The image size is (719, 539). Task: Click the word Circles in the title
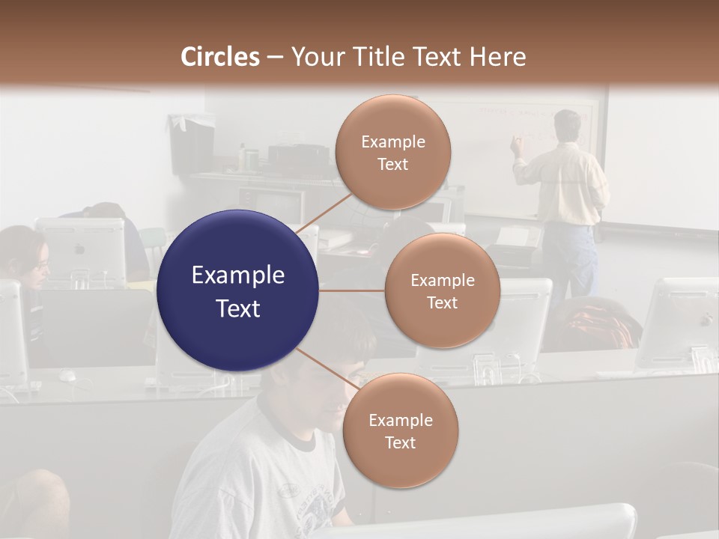[219, 57]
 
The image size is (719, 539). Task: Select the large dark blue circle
[237, 290]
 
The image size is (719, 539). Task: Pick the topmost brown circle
[392, 152]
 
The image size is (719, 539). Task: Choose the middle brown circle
[442, 290]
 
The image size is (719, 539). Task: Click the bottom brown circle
[400, 430]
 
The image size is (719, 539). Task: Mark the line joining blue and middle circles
[352, 290]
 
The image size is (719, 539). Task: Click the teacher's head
[567, 125]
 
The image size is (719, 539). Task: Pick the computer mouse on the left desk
[68, 374]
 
